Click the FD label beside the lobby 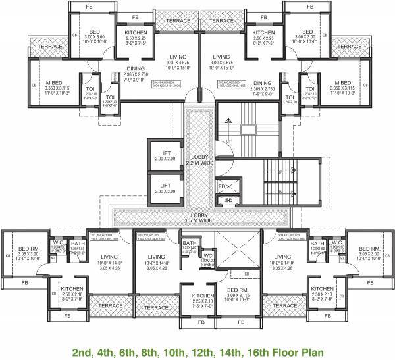click(223, 186)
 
